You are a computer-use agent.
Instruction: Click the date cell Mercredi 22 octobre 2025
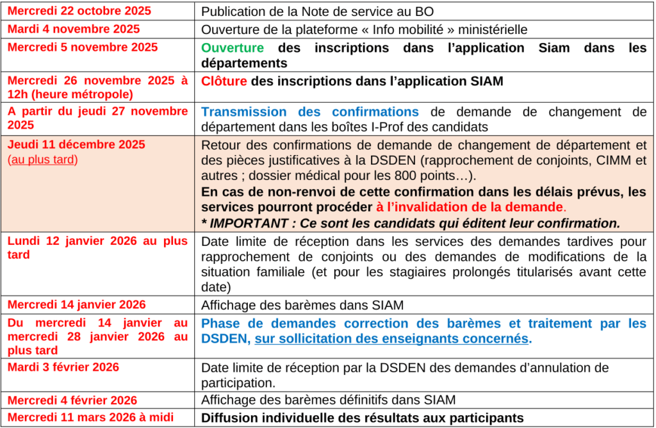pos(79,11)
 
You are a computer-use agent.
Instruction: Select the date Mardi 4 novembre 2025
pos(74,29)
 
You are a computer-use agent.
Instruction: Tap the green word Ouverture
pos(233,48)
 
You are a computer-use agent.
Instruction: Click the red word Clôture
pos(224,81)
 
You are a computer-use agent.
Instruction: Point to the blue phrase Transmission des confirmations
pos(310,111)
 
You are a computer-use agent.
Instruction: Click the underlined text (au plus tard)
pos(42,160)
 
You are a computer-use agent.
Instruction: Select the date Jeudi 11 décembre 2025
pos(77,144)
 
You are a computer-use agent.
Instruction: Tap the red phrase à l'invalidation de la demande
pos(470,207)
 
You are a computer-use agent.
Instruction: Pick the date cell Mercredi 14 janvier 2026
pos(77,304)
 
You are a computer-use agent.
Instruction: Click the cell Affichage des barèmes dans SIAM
pos(302,305)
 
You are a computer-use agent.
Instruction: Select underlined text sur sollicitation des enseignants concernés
pos(392,339)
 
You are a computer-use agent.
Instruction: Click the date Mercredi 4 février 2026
pos(72,400)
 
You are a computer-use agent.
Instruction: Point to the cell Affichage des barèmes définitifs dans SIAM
pos(329,400)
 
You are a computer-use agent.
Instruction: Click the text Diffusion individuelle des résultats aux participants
pos(363,418)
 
